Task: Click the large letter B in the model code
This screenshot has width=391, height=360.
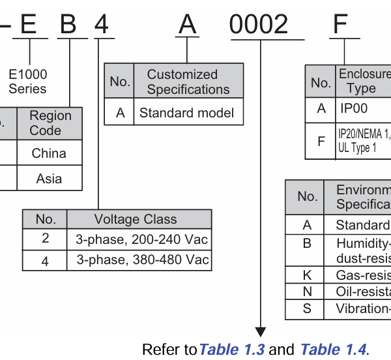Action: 68,24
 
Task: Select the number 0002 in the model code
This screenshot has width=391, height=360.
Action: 259,25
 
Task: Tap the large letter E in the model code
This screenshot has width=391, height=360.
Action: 29,24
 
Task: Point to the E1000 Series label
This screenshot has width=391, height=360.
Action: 28,82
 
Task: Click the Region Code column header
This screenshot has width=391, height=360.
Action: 50,123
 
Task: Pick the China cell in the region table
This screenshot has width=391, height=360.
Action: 49,153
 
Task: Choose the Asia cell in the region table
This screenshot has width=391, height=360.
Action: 49,178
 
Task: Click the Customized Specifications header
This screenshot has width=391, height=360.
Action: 188,82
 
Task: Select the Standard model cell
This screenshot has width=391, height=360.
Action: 186,113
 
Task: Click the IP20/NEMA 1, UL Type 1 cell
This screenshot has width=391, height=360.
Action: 362,141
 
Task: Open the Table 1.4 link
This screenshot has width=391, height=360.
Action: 334,350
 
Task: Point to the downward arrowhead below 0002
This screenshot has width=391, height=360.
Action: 261,332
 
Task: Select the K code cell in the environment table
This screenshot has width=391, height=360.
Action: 307,275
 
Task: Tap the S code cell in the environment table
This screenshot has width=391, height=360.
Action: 307,308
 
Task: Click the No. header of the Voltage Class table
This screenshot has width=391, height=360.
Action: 45,219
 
